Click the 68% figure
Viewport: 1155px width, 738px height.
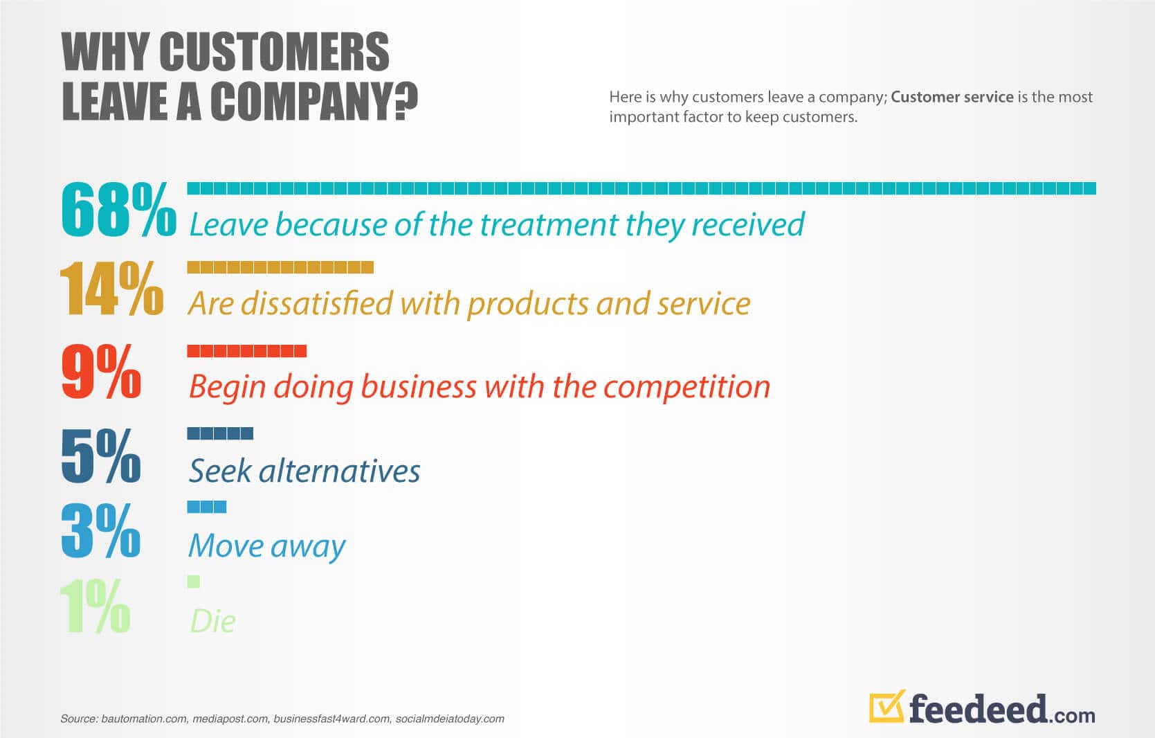(x=118, y=209)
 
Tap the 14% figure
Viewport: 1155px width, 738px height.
(x=112, y=288)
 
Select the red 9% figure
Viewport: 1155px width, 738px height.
(x=101, y=371)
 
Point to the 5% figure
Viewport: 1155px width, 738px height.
(x=100, y=456)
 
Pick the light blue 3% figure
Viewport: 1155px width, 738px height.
(x=100, y=531)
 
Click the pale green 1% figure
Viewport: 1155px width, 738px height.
(x=95, y=606)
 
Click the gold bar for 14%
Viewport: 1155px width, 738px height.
(x=280, y=267)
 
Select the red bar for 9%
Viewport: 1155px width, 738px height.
(x=246, y=351)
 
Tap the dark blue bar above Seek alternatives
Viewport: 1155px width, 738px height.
(x=219, y=433)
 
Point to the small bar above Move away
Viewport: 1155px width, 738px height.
(x=206, y=507)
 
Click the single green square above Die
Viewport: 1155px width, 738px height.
(x=193, y=582)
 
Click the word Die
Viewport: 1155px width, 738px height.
(x=213, y=621)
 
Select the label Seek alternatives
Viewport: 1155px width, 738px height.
(x=304, y=470)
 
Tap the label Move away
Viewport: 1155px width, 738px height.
(x=266, y=546)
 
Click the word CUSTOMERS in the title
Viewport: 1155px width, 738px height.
(x=274, y=51)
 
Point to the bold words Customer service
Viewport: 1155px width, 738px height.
(x=952, y=97)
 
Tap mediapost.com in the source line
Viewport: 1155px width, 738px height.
(x=230, y=719)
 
